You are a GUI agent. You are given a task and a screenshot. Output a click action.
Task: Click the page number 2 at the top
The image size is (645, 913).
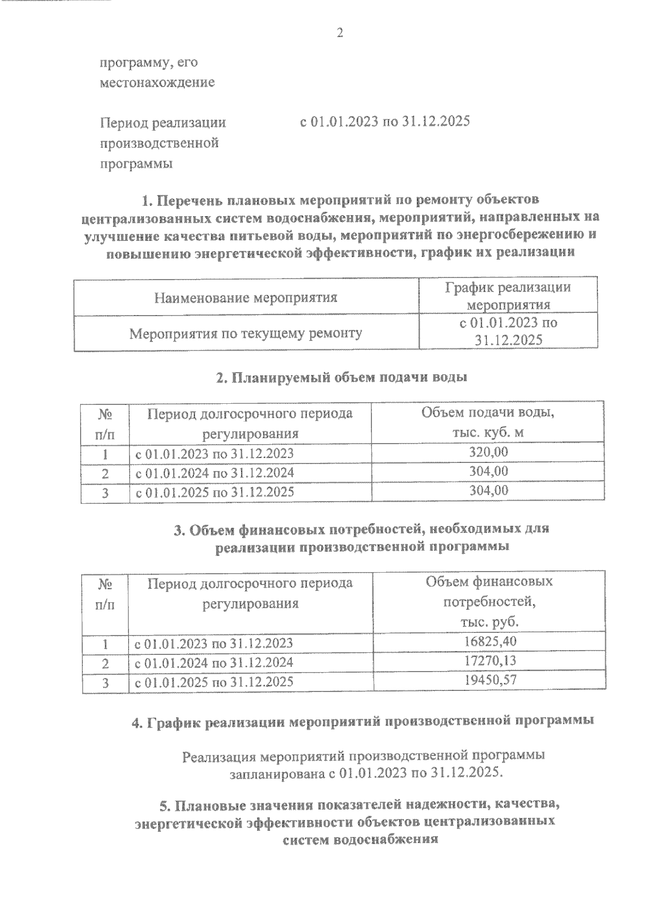click(340, 33)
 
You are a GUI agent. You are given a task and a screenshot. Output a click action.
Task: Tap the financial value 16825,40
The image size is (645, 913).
click(490, 641)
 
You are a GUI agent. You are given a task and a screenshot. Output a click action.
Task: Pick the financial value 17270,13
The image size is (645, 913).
click(490, 660)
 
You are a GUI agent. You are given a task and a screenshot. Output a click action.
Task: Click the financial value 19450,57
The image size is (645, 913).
click(490, 680)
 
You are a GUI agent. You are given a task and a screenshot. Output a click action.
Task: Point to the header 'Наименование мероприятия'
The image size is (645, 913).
click(246, 297)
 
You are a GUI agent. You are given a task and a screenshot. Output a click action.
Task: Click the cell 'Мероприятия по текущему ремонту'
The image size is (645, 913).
click(246, 333)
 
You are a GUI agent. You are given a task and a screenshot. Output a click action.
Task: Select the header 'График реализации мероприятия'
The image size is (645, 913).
click(508, 296)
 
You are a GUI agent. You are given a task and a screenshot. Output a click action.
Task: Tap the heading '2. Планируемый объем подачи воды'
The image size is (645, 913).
click(341, 377)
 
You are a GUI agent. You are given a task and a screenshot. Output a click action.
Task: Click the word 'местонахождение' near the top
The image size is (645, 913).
click(157, 83)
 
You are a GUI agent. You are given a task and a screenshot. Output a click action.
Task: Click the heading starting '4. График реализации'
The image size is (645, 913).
click(363, 721)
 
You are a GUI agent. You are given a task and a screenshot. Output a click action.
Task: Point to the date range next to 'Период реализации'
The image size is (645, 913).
click(385, 122)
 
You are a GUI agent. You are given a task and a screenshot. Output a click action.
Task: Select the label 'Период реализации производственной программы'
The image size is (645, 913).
click(163, 143)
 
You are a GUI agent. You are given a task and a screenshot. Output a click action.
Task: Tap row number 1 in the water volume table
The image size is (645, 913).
click(105, 454)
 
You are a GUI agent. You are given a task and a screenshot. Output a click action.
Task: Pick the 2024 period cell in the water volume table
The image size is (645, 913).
click(214, 473)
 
